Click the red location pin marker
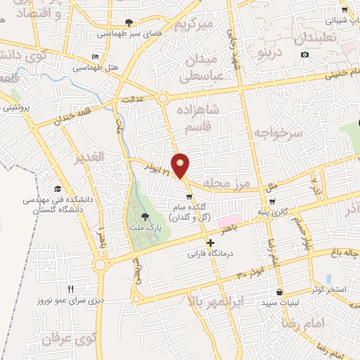point(181,165)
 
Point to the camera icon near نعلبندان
point(304,54)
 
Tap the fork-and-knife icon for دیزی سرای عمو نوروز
point(70,288)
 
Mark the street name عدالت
point(133,99)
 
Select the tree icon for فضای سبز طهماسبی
point(128,22)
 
